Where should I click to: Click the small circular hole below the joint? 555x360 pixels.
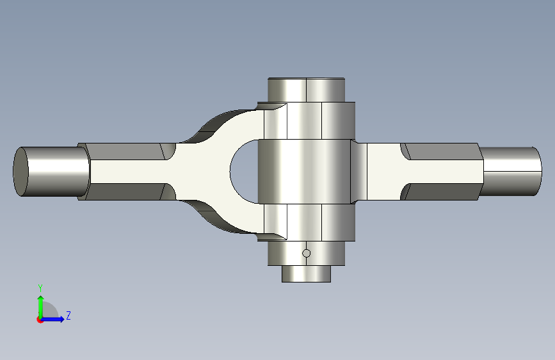pyautogui.click(x=307, y=253)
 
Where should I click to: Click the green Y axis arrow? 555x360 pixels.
pyautogui.click(x=41, y=307)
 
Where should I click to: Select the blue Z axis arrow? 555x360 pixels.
pyautogui.click(x=52, y=319)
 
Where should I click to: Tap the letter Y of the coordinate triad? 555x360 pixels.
pyautogui.click(x=40, y=288)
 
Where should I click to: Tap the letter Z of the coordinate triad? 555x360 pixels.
pyautogui.click(x=68, y=315)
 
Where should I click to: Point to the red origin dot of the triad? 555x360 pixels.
pyautogui.click(x=40, y=320)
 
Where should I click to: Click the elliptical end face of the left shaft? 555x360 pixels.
pyautogui.click(x=21, y=172)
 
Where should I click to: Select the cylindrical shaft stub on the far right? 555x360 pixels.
pyautogui.click(x=512, y=172)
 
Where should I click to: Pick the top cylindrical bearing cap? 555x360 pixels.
pyautogui.click(x=306, y=90)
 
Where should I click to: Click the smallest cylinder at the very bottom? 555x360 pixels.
pyautogui.click(x=306, y=274)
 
